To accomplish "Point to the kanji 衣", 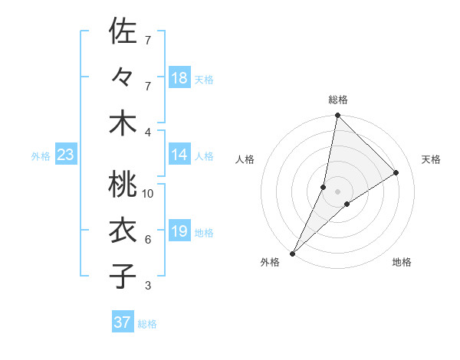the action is pyautogui.click(x=123, y=231).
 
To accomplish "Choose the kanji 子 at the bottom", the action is pyautogui.click(x=123, y=277).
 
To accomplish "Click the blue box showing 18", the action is pyautogui.click(x=179, y=77).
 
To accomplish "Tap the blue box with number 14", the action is pyautogui.click(x=179, y=155).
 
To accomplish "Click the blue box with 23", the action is pyautogui.click(x=66, y=155).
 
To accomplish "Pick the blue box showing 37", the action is pyautogui.click(x=122, y=322).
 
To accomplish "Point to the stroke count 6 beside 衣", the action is pyautogui.click(x=147, y=240).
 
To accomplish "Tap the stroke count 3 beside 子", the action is pyautogui.click(x=147, y=286).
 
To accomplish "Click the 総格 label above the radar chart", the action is pyautogui.click(x=337, y=100).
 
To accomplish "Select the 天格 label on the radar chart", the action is pyautogui.click(x=431, y=159).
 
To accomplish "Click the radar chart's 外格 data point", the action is pyautogui.click(x=292, y=253).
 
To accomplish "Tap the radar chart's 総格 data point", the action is pyautogui.click(x=337, y=115).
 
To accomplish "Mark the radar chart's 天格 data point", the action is pyautogui.click(x=396, y=172).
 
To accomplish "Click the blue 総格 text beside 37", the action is pyautogui.click(x=147, y=324).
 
